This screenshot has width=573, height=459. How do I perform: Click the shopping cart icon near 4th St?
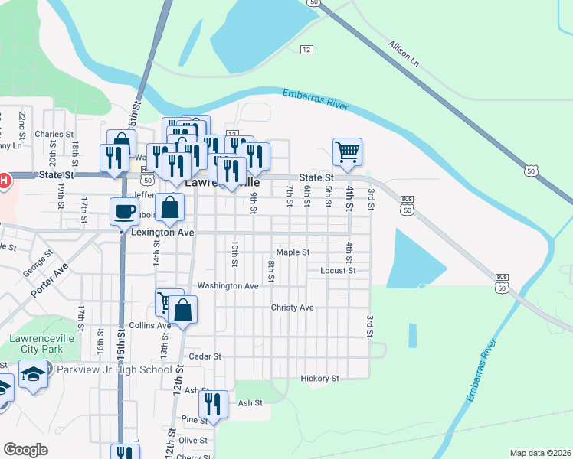(x=347, y=151)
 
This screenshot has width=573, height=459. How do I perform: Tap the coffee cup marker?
(x=123, y=210)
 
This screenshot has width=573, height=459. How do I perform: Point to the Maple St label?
(x=293, y=252)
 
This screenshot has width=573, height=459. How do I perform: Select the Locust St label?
(x=338, y=270)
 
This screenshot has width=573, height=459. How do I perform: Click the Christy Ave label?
(x=292, y=308)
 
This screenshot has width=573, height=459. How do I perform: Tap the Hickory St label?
(x=319, y=378)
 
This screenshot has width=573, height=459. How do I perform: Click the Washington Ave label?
(x=228, y=285)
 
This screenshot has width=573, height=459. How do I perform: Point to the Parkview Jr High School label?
(x=113, y=369)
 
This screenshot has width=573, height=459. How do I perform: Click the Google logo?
(x=25, y=449)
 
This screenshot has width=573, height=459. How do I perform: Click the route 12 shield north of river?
(x=306, y=50)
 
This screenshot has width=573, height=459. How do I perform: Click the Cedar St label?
(x=205, y=356)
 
